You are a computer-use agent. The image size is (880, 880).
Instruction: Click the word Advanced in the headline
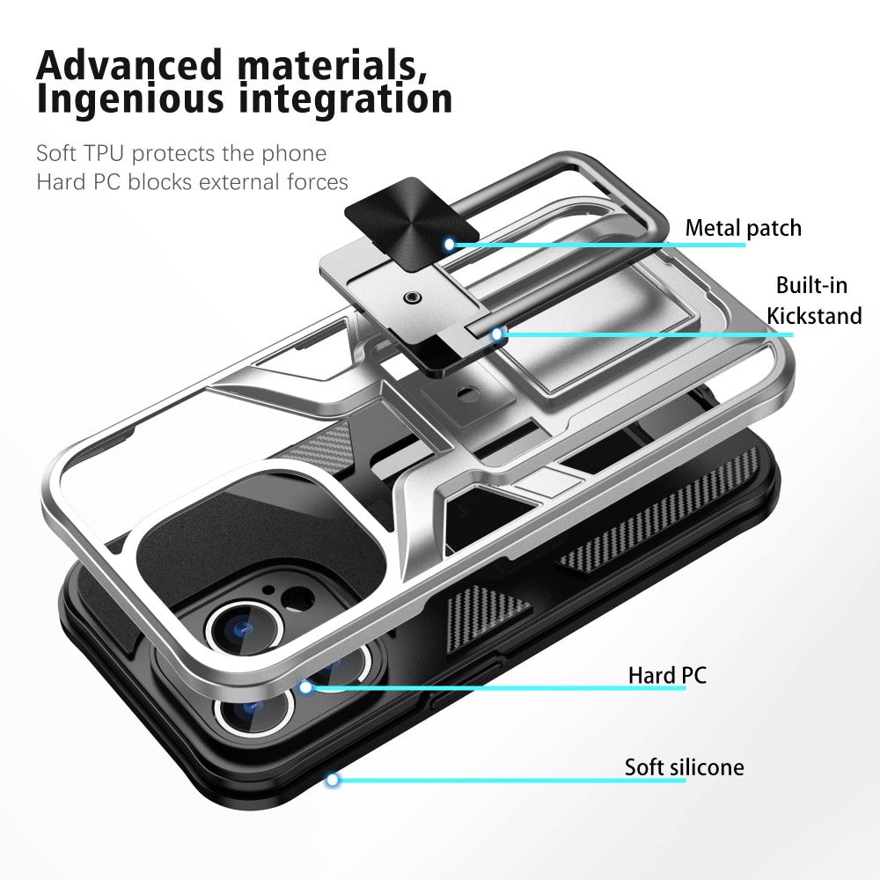click(129, 64)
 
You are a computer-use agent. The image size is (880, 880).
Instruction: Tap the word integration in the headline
click(345, 99)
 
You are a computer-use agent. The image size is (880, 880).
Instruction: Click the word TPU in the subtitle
click(104, 153)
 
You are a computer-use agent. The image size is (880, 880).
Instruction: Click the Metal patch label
click(743, 229)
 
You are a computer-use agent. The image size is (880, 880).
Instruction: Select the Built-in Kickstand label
click(814, 300)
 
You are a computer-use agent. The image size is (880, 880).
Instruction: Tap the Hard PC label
click(667, 675)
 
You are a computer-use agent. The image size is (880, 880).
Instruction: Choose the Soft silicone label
click(684, 767)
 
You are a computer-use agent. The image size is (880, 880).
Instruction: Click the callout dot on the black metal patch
click(449, 244)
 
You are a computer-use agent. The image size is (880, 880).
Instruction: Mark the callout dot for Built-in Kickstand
click(496, 335)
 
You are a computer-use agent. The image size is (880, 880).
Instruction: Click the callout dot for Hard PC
click(305, 687)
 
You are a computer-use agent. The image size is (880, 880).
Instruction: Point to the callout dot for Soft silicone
click(333, 780)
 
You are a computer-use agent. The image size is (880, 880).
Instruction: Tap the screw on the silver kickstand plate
click(414, 297)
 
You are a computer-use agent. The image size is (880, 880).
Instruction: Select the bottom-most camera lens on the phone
click(254, 708)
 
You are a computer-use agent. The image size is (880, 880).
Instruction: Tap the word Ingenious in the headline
click(130, 99)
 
